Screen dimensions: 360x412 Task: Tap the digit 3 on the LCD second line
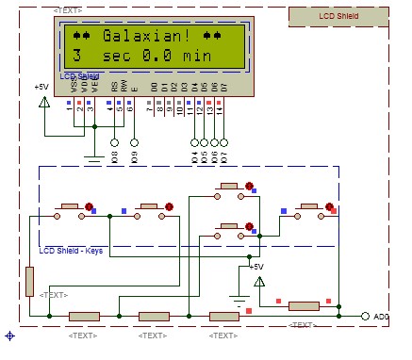[77, 57]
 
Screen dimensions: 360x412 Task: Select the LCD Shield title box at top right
[338, 15]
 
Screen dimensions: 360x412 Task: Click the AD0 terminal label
[381, 317]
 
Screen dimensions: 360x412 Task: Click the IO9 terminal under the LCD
[134, 144]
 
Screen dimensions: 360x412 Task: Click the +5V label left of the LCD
[41, 87]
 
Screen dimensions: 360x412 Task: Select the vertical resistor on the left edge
[29, 281]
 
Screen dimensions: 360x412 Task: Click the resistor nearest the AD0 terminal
[304, 305]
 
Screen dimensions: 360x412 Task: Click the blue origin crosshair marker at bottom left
[9, 335]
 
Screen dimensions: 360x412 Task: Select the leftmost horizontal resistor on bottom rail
[84, 316]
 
